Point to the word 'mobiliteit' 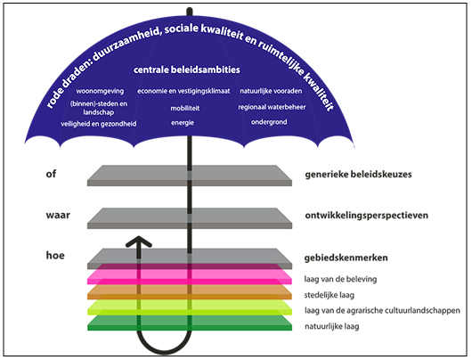[x=184, y=107]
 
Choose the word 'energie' [x=183, y=122]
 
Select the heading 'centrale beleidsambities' [x=187, y=70]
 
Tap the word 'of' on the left [x=52, y=173]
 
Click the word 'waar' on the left [x=58, y=215]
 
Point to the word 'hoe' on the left [x=55, y=255]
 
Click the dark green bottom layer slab [x=223, y=324]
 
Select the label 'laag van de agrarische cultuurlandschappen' [x=380, y=310]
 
